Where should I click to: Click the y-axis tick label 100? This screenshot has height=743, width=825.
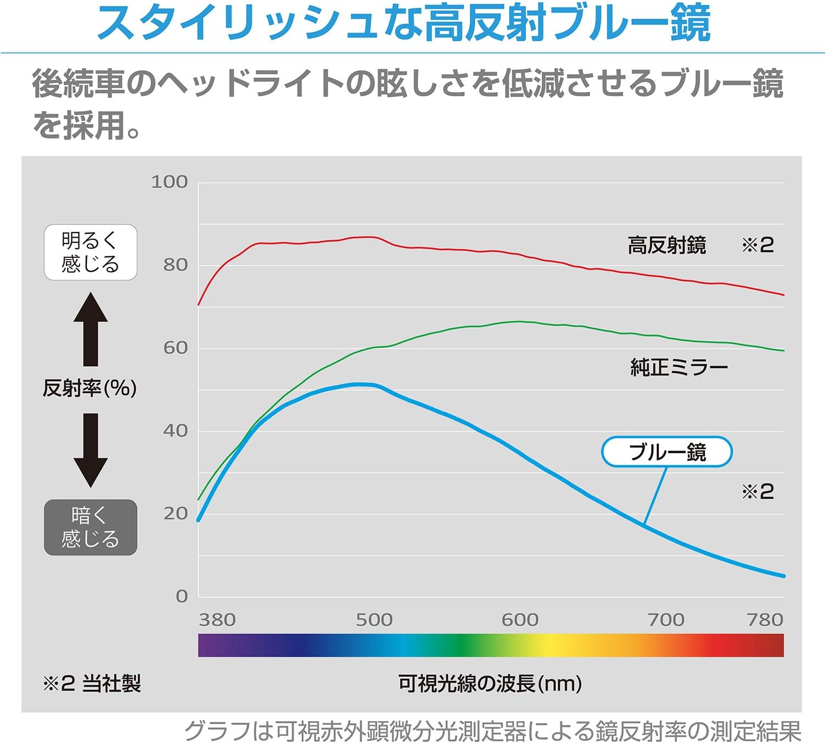click(x=169, y=181)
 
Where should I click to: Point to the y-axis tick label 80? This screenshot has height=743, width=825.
click(x=175, y=265)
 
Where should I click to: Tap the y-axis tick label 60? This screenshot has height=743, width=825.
click(x=175, y=348)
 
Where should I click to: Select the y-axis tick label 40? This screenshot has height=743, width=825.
click(x=175, y=431)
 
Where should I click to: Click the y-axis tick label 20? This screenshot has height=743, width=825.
click(x=175, y=514)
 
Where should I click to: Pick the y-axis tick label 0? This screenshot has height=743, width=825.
click(x=182, y=596)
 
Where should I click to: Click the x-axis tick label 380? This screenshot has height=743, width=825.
click(x=217, y=620)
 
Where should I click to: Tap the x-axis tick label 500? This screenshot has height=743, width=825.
click(x=374, y=620)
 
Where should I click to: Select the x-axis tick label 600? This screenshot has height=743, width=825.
click(x=520, y=620)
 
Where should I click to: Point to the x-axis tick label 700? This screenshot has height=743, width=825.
click(x=666, y=620)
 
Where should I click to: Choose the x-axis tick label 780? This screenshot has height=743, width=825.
click(x=765, y=620)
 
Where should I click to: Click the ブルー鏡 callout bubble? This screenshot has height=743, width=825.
click(x=667, y=452)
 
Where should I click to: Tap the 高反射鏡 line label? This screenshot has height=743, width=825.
click(x=667, y=245)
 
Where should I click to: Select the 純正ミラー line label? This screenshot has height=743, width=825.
click(x=679, y=367)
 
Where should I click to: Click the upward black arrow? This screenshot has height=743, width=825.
click(x=91, y=329)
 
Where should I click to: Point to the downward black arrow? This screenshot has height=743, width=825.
click(x=91, y=450)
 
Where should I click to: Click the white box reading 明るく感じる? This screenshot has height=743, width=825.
click(x=91, y=252)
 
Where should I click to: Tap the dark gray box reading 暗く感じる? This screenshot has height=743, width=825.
click(x=91, y=527)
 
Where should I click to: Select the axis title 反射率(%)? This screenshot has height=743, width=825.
click(x=90, y=388)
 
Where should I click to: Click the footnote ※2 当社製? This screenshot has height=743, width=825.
click(x=92, y=684)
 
